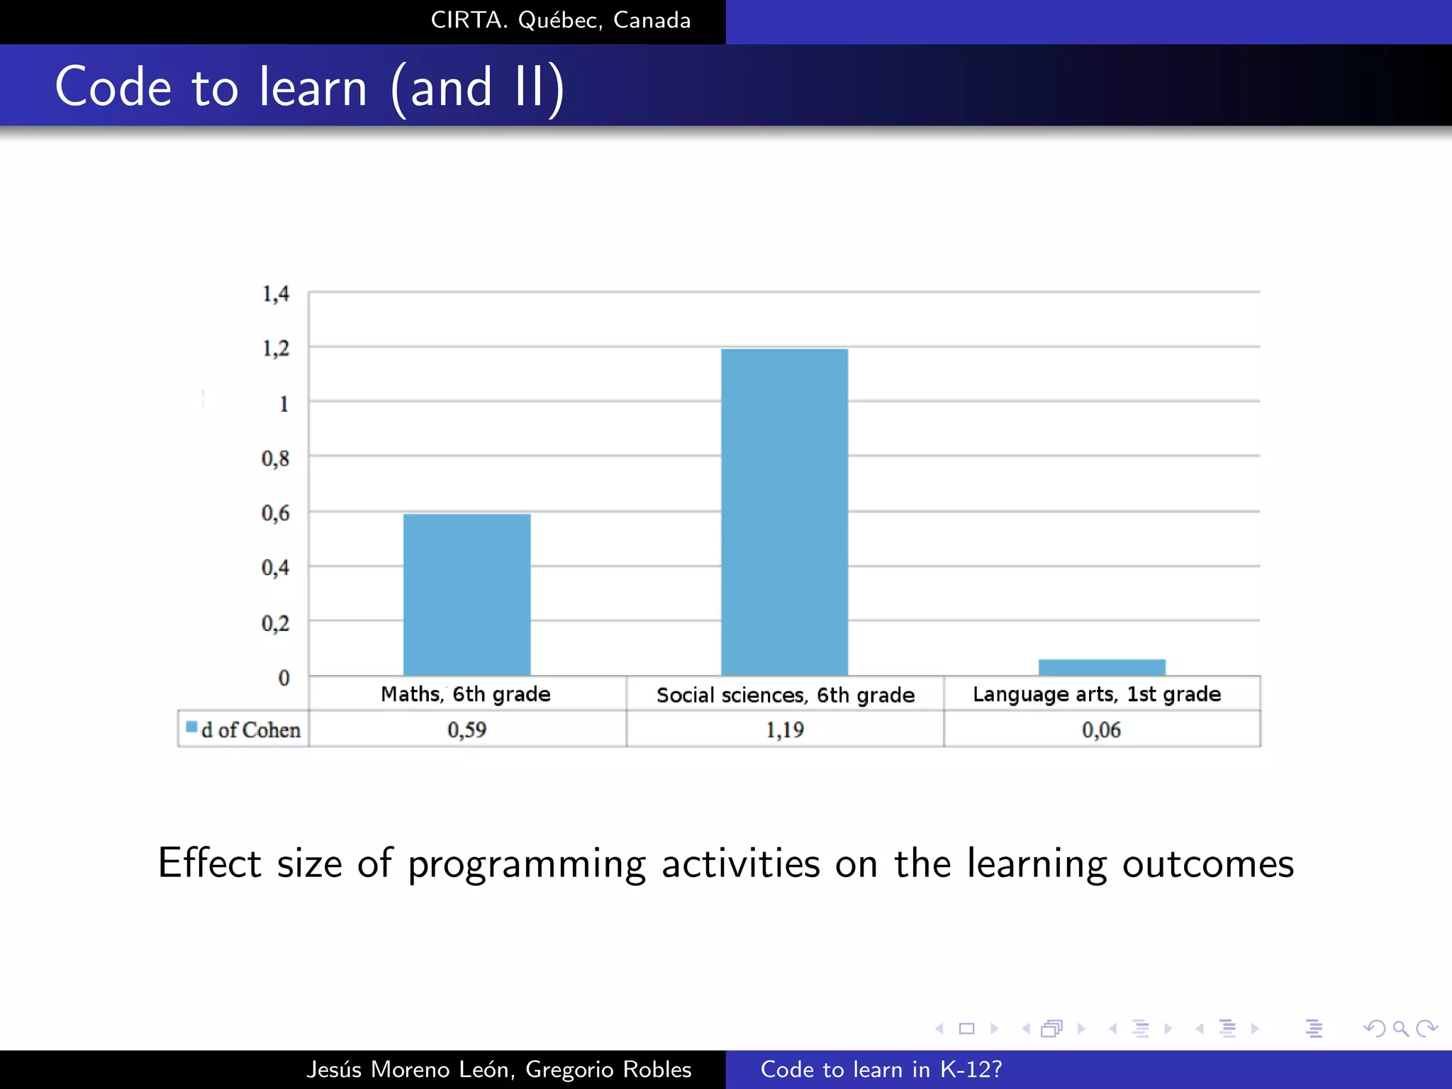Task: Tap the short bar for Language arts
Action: tap(1102, 667)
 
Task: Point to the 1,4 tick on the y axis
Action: tap(276, 293)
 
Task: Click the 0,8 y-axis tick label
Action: tap(275, 459)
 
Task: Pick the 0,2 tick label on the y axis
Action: tap(275, 623)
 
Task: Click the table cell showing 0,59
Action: tap(467, 730)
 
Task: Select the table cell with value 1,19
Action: tap(784, 730)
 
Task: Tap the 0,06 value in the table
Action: tap(1101, 730)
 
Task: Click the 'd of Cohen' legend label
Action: tap(250, 730)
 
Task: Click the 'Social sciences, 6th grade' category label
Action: tap(785, 695)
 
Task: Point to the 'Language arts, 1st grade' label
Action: tap(1096, 694)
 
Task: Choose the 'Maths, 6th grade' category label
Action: tap(465, 694)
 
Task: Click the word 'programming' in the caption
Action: tap(526, 864)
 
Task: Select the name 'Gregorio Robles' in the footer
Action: tap(608, 1069)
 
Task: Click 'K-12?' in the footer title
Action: tap(971, 1069)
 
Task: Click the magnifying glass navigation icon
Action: tap(1400, 1028)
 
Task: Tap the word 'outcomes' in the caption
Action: tap(1207, 864)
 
